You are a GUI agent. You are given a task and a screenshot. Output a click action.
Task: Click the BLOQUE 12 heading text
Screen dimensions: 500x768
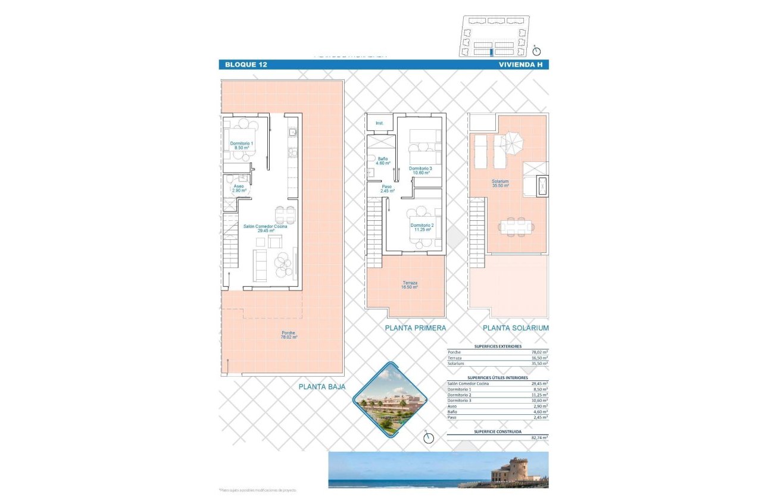tap(245, 64)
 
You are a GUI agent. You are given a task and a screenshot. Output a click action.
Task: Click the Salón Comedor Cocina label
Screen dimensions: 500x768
tap(265, 228)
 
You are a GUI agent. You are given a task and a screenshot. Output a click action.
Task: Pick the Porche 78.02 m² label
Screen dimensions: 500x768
tap(289, 335)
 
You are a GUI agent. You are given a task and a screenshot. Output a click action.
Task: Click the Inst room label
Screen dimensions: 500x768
tap(379, 123)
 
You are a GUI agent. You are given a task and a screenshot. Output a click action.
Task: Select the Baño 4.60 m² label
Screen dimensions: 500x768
tap(383, 161)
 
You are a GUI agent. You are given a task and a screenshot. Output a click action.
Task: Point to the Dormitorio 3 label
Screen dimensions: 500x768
tap(420, 171)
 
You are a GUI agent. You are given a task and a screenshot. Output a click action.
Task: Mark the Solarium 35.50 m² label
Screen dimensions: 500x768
tap(500, 183)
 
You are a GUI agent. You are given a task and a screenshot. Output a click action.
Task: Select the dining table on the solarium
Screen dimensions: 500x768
tap(516, 226)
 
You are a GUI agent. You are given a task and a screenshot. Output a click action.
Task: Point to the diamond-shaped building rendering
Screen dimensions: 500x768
tap(391, 400)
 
